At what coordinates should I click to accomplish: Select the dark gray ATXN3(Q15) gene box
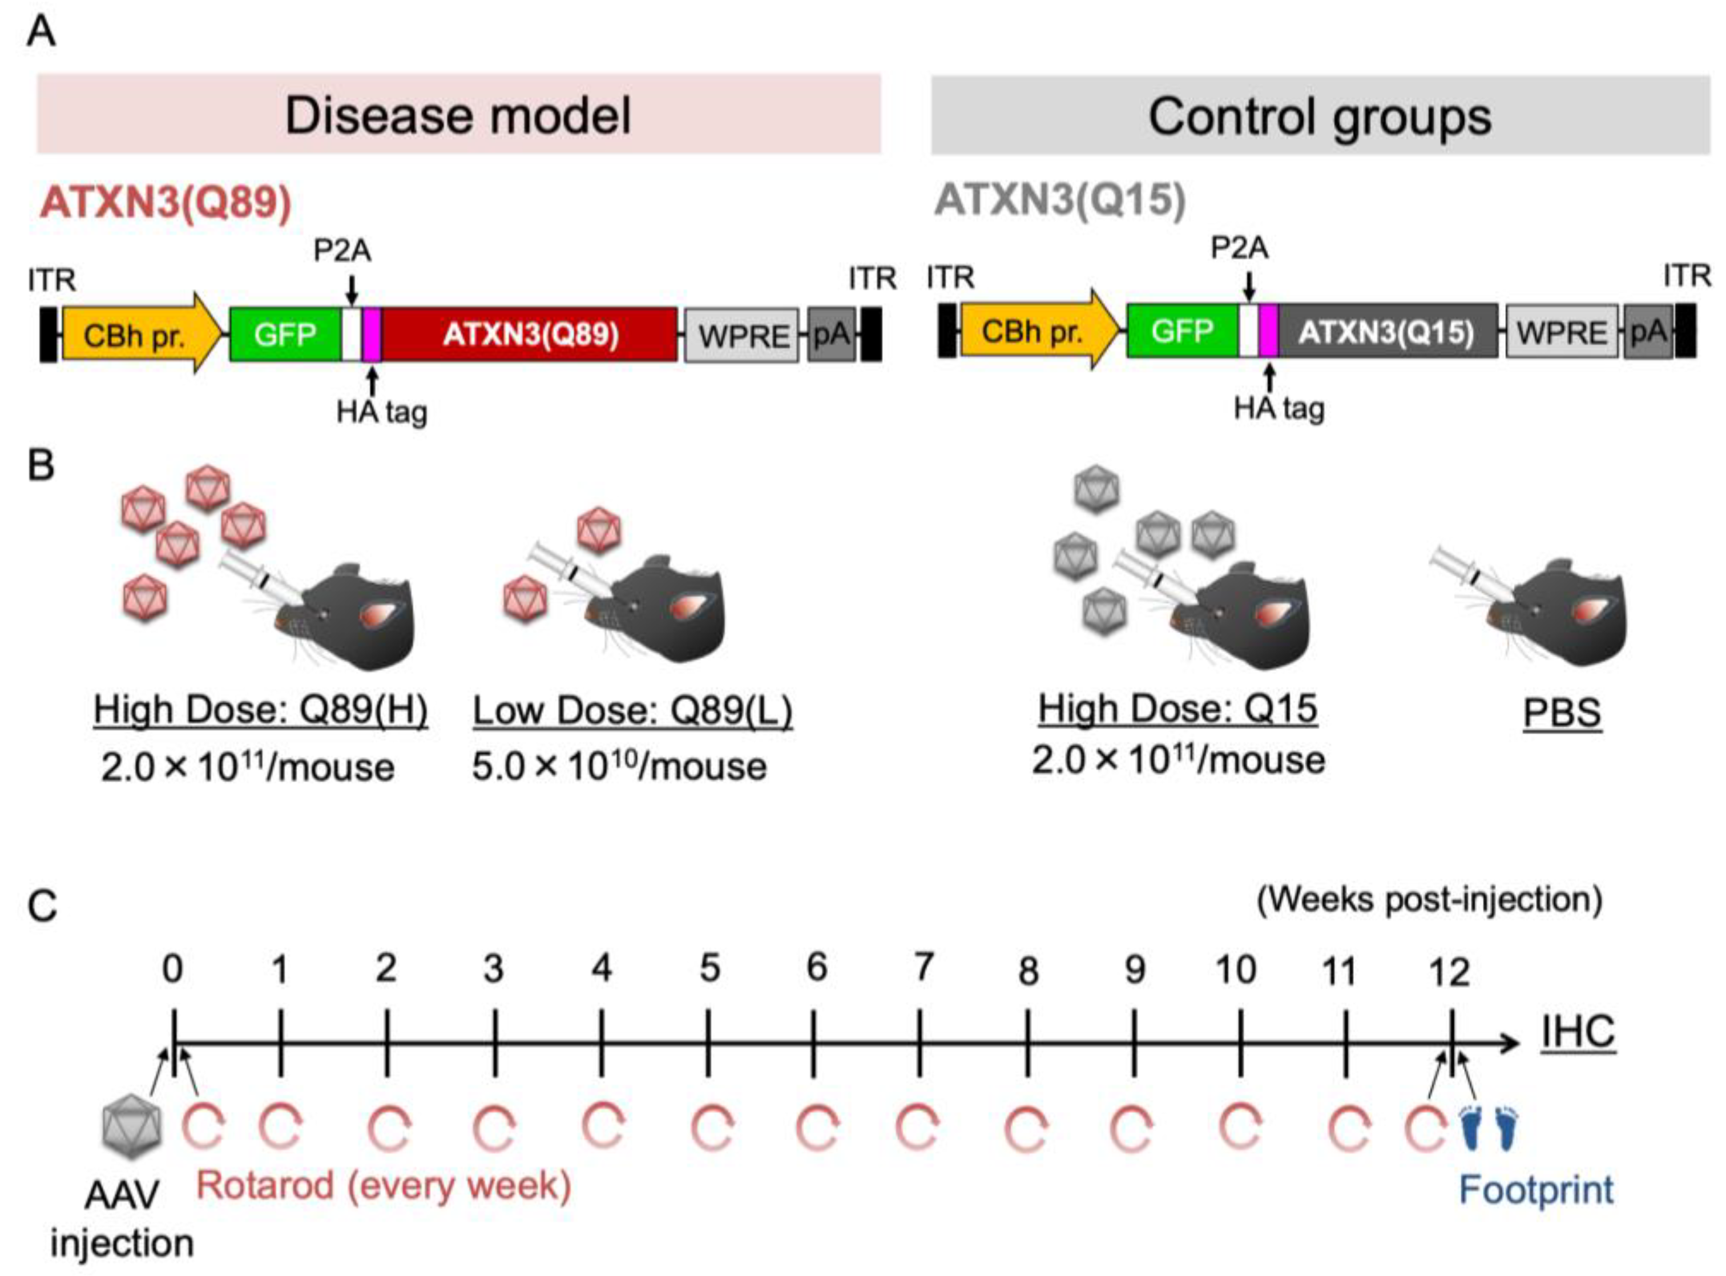pos(1386,332)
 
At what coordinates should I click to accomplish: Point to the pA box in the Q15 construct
pos(1647,332)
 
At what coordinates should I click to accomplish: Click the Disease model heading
pos(459,116)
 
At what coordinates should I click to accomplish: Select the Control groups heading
pos(1319,116)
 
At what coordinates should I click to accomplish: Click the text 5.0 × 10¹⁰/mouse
pos(619,767)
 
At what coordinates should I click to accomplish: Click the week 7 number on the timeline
pos(923,968)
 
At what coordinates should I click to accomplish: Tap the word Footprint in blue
pos(1535,1190)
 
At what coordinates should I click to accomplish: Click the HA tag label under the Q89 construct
pos(381,412)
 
